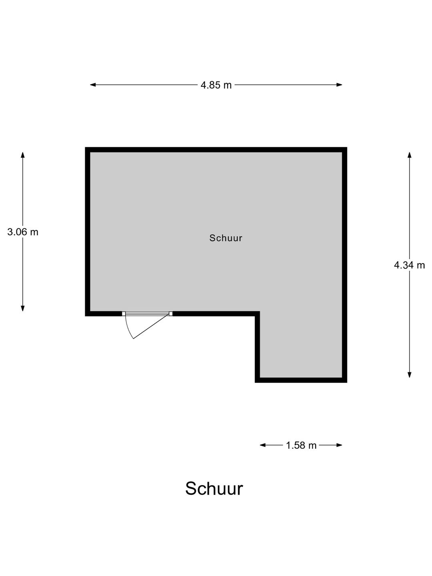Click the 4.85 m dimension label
(216, 85)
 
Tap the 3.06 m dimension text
(23, 232)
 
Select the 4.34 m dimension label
(409, 265)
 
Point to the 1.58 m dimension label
(301, 445)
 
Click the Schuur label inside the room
(226, 238)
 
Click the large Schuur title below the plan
(214, 489)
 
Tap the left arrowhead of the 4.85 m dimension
(92, 85)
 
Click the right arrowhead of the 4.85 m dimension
(340, 85)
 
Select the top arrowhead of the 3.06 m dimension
(23, 155)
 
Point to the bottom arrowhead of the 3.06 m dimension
(23, 308)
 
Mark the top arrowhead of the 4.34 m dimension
(410, 155)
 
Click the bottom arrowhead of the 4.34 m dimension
(410, 375)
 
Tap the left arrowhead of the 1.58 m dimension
(262, 445)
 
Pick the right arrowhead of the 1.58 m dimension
(340, 445)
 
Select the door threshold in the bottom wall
(147, 314)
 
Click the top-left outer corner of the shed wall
(85, 148)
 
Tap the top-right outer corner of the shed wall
(347, 148)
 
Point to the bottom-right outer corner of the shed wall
(347, 383)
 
